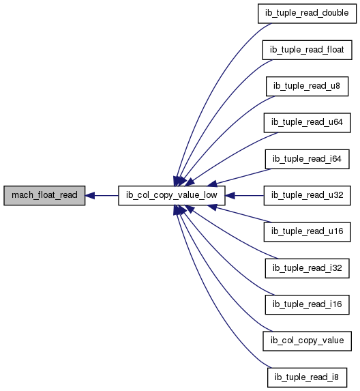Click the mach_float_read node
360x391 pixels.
(x=44, y=195)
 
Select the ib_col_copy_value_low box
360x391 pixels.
(x=172, y=195)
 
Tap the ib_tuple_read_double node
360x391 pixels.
(x=307, y=14)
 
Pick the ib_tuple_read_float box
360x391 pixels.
(x=307, y=50)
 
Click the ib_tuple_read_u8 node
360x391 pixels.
(x=307, y=86)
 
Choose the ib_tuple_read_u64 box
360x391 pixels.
(x=307, y=123)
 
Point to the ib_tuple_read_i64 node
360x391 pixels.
(x=307, y=159)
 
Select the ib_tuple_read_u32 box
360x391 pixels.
(x=307, y=195)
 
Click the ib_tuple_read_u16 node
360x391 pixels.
(x=307, y=232)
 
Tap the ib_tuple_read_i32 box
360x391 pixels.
(x=307, y=268)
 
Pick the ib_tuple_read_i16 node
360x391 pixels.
(x=307, y=305)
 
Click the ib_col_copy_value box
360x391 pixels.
(x=307, y=341)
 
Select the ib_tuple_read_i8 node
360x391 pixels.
(x=307, y=377)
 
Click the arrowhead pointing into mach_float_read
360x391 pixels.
(x=90, y=195)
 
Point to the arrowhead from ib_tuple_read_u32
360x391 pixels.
(x=230, y=195)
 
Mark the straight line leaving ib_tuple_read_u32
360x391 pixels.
(x=249, y=195)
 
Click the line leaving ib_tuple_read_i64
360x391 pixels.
(x=243, y=177)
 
